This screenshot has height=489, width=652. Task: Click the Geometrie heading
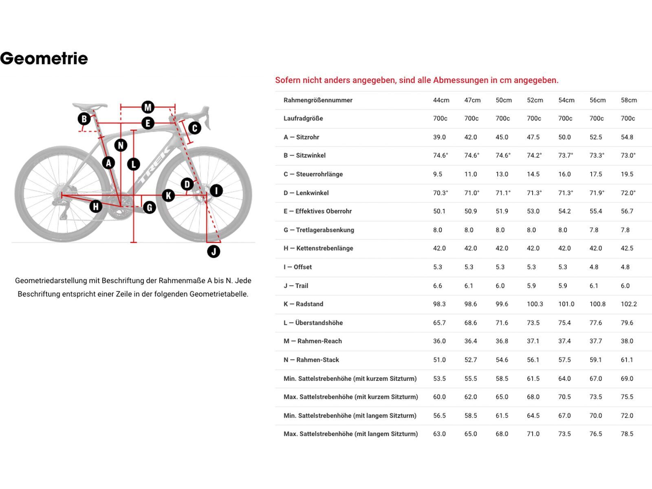click(44, 59)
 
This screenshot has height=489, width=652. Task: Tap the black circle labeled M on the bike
click(148, 107)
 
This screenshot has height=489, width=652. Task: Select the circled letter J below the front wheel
click(214, 251)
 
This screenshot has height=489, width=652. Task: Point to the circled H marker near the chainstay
click(96, 206)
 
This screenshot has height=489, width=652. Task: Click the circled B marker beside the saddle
click(84, 119)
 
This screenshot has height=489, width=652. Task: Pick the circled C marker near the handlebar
click(194, 128)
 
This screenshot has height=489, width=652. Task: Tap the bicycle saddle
click(90, 106)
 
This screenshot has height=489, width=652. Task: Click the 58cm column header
click(628, 100)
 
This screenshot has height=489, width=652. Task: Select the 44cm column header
click(441, 100)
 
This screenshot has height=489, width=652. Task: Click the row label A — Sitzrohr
click(301, 137)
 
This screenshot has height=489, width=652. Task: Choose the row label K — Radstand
click(303, 304)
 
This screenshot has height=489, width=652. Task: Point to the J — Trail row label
click(296, 286)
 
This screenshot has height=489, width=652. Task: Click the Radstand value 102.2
click(628, 304)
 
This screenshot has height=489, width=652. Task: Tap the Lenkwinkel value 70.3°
click(440, 193)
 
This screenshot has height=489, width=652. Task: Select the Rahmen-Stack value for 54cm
click(564, 360)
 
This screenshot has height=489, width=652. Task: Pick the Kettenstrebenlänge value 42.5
click(627, 248)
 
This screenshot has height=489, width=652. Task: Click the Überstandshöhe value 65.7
click(439, 323)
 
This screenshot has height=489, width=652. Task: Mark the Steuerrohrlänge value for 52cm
click(533, 174)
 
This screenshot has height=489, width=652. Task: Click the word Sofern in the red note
click(287, 80)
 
